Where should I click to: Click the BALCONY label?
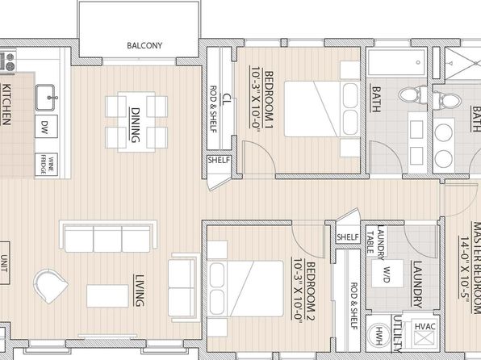pos(144,45)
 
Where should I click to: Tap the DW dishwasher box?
pos(46,127)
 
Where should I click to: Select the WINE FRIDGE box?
pos(46,165)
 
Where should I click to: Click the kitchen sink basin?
pos(44,98)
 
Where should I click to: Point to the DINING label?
pos(136,125)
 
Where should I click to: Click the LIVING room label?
pos(139,291)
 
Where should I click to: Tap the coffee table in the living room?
pos(107,296)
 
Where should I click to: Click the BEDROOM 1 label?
pos(269,100)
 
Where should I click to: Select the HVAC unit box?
pos(425,334)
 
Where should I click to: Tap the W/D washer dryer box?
pos(387,274)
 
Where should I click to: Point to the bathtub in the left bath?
pos(396,63)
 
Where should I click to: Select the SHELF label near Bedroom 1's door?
pos(219,160)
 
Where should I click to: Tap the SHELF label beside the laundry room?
pos(348,237)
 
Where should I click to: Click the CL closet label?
pos(226,99)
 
